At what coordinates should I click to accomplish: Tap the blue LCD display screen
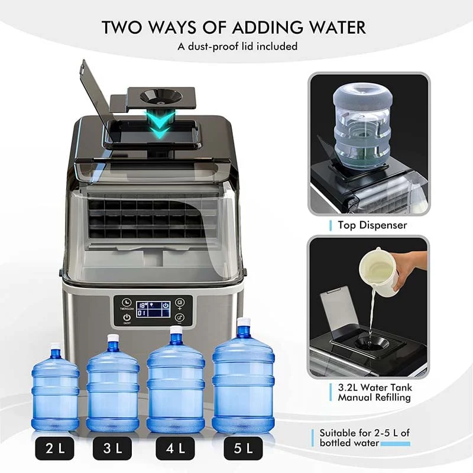pyautogui.click(x=153, y=308)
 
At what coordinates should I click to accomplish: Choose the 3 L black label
pyautogui.click(x=113, y=449)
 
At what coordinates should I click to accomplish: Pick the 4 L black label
pyautogui.click(x=176, y=449)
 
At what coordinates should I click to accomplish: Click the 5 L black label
pyautogui.click(x=243, y=449)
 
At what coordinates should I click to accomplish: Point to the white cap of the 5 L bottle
pyautogui.click(x=243, y=324)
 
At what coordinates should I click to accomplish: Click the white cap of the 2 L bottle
pyautogui.click(x=55, y=346)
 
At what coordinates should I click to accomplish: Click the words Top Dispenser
pyautogui.click(x=372, y=225)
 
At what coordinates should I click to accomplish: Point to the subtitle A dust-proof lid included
pyautogui.click(x=237, y=46)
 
